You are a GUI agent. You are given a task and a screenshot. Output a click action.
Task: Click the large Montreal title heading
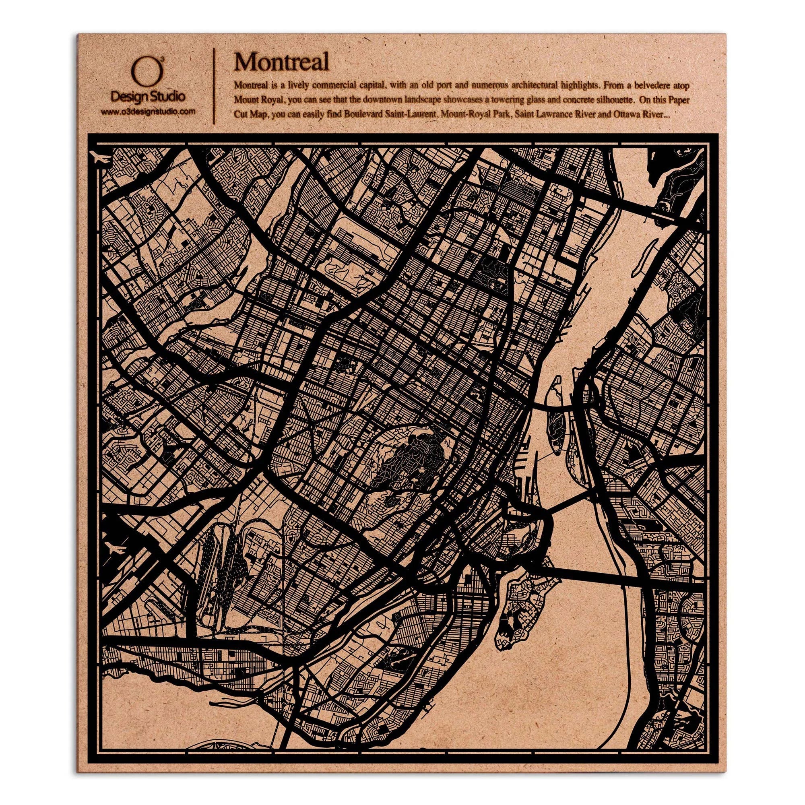tap(281, 62)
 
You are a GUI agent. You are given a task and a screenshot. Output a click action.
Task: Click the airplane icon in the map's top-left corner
tap(100, 158)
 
